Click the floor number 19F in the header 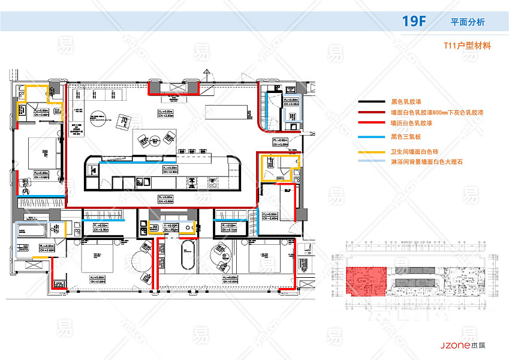click(x=414, y=22)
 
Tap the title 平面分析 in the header click(x=468, y=22)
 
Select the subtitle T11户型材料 click(x=467, y=46)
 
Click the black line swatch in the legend click(x=371, y=103)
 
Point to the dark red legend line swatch click(x=371, y=112)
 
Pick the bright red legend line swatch click(x=371, y=122)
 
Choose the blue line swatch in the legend click(x=371, y=137)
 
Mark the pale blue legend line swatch click(x=371, y=162)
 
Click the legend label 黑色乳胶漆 click(x=405, y=103)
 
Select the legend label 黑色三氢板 click(x=405, y=137)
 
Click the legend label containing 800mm click(x=437, y=112)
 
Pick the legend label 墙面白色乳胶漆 click(x=411, y=122)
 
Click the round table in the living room click(x=97, y=118)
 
